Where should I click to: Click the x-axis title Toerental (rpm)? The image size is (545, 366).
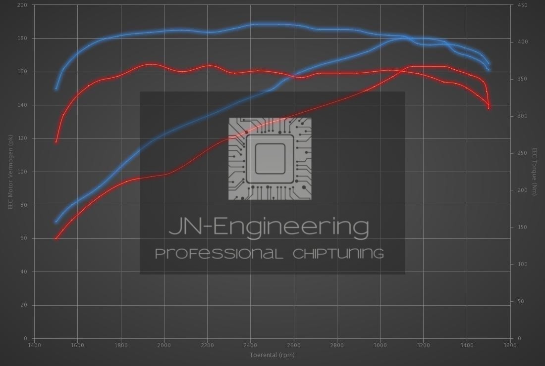(x=272, y=355)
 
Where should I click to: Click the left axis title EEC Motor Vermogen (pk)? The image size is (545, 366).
(x=10, y=172)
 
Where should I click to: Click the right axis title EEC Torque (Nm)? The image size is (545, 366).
(x=535, y=172)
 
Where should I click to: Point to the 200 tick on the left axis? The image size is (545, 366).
(x=23, y=5)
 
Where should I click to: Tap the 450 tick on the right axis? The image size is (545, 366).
(x=522, y=5)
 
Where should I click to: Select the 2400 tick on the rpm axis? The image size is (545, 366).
(x=250, y=345)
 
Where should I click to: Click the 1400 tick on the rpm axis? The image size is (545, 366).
(x=34, y=345)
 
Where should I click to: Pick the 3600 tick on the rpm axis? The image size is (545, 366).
(x=510, y=345)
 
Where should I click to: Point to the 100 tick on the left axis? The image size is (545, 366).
(x=23, y=172)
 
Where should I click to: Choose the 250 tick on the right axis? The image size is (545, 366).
(x=522, y=153)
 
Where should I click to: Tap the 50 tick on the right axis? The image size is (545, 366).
(x=521, y=301)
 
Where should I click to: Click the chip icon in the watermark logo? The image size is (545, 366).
(x=270, y=159)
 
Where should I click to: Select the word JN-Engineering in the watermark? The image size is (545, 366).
(x=269, y=227)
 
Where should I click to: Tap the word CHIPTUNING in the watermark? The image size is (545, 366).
(x=338, y=254)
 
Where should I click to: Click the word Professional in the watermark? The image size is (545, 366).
(x=219, y=254)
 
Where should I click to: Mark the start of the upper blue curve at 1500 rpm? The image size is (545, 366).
(x=56, y=89)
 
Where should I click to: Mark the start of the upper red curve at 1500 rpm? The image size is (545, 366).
(x=56, y=142)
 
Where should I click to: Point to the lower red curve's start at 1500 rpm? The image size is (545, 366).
(x=56, y=238)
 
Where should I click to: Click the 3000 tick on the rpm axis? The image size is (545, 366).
(x=380, y=345)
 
